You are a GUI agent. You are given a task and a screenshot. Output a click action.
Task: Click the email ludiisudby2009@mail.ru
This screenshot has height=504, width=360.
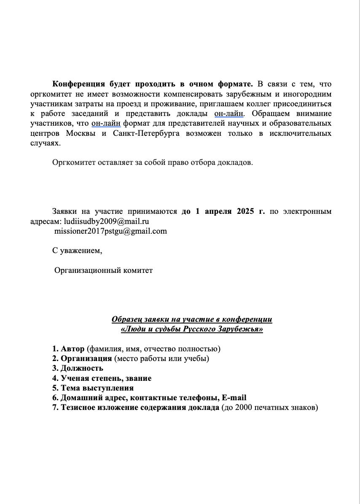(x=107, y=221)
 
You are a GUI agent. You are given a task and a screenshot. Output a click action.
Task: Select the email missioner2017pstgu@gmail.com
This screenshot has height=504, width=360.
(x=110, y=231)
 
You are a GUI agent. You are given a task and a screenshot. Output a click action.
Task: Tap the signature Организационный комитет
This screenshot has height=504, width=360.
(x=103, y=270)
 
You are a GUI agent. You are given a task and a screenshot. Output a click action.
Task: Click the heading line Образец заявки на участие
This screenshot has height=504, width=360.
(x=192, y=319)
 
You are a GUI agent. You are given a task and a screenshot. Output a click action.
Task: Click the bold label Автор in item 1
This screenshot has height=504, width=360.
(x=73, y=349)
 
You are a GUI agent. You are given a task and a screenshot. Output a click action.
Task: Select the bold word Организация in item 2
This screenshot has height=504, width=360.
(x=86, y=359)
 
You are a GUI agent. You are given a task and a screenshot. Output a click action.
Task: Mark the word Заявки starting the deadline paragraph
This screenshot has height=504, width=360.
(x=65, y=211)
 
